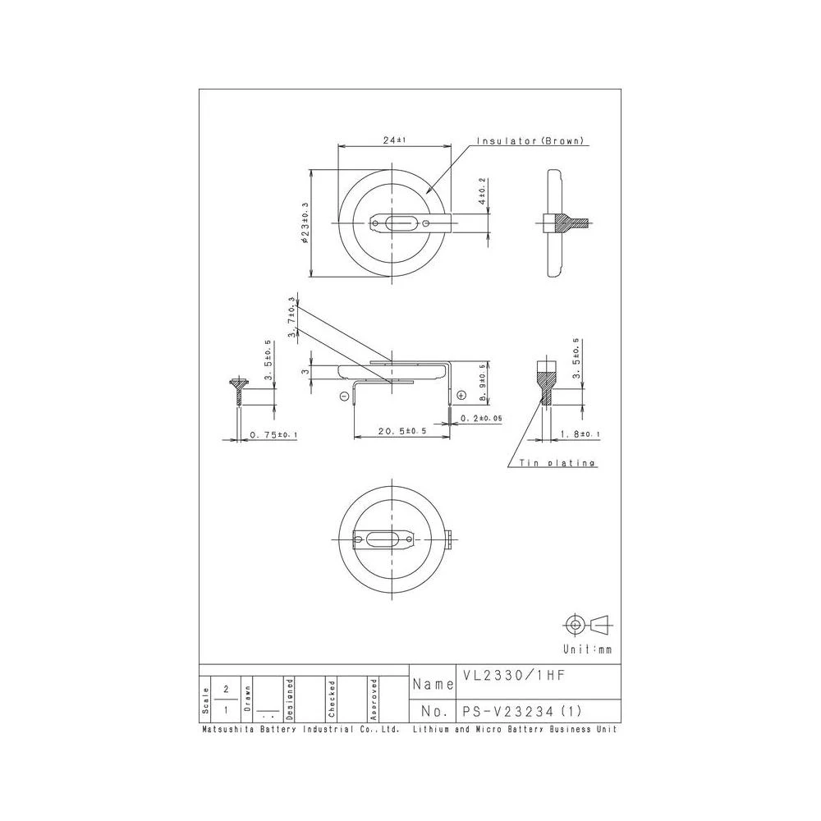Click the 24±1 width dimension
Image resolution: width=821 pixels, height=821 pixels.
395,140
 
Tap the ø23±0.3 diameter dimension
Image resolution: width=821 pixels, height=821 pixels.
305,223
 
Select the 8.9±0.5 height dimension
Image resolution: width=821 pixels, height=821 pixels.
483,383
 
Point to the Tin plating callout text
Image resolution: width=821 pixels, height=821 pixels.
557,463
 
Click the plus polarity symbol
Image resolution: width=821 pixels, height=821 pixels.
461,396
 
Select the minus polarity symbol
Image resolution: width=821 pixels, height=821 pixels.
343,396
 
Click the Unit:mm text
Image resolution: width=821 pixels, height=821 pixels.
594,649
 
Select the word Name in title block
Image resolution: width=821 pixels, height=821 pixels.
433,684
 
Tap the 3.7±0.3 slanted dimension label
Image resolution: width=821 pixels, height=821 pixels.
291,318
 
